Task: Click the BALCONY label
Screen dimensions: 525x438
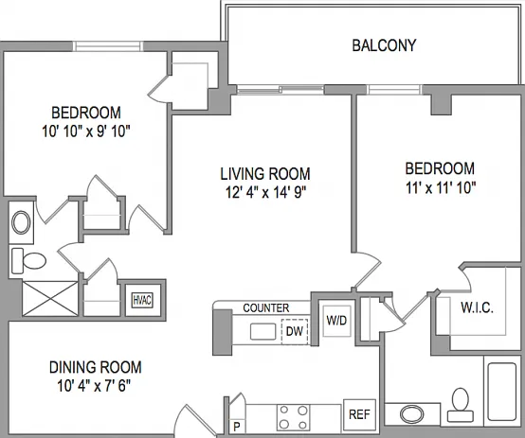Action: pos(384,45)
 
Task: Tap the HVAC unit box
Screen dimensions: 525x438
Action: pos(143,300)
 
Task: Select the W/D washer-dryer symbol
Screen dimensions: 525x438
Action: pos(336,321)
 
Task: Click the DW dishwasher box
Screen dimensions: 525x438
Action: pos(295,332)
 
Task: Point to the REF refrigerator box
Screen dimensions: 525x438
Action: pos(359,414)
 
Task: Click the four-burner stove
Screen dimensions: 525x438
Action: pos(294,417)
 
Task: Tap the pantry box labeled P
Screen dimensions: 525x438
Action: pos(238,427)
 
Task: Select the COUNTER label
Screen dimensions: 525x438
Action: pos(266,308)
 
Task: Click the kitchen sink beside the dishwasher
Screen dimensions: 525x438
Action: pos(263,331)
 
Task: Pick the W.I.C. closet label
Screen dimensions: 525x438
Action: pos(477,307)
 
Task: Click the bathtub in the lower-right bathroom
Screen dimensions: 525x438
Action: pos(502,392)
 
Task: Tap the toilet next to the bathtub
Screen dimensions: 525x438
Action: pos(461,405)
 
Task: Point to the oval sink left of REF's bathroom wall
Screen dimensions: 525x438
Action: pos(412,414)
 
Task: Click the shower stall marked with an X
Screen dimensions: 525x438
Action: pos(50,298)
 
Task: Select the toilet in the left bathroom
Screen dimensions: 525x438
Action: pos(28,260)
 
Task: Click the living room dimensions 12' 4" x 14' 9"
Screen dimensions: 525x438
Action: pos(266,193)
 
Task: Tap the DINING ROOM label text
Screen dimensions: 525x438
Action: pos(96,367)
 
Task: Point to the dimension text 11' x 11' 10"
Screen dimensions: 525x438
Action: pos(441,188)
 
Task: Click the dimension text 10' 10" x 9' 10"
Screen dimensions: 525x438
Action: pos(86,131)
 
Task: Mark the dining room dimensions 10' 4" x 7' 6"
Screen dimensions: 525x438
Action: pos(94,386)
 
